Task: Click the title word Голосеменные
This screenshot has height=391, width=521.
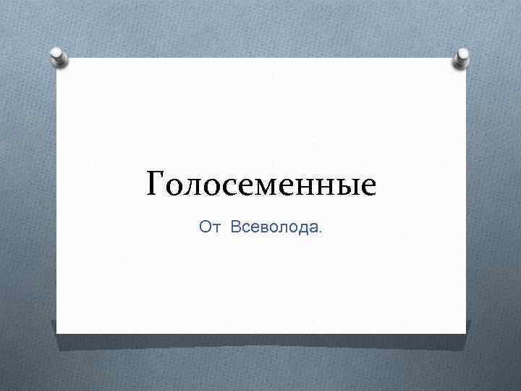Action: pos(261,185)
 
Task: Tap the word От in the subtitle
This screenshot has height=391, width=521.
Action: pos(208,228)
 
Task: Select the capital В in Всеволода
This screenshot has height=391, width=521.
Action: pos(236,228)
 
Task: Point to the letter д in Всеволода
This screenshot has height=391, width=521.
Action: pos(302,230)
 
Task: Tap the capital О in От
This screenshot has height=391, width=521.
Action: pos(205,228)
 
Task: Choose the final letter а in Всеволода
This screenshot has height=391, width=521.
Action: pos(313,230)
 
